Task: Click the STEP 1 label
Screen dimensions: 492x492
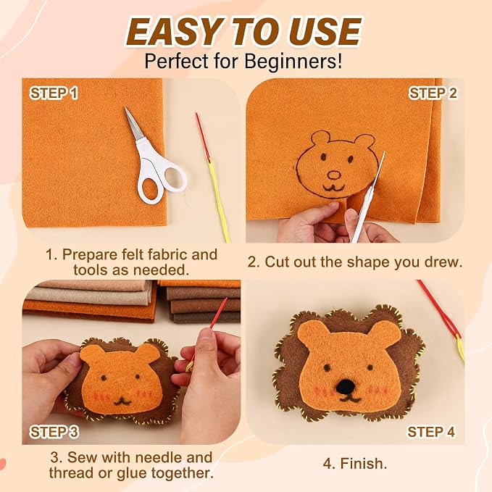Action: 54,93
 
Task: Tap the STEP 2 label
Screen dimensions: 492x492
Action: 433,93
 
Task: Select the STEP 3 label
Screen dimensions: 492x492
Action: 54,432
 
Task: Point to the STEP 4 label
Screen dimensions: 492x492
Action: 431,432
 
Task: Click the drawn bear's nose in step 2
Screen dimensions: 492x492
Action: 334,175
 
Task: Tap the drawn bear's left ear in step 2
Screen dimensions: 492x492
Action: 320,138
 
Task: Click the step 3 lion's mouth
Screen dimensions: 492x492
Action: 122,401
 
